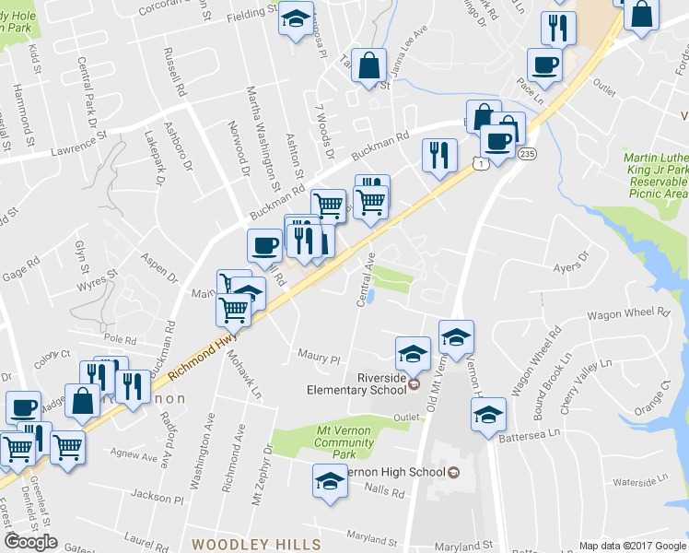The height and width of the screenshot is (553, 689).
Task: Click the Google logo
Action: click(x=30, y=542)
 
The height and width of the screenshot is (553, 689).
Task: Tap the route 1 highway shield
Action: click(x=479, y=163)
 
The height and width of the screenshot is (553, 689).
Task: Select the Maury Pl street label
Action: click(x=319, y=355)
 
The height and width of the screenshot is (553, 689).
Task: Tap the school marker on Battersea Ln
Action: click(x=490, y=416)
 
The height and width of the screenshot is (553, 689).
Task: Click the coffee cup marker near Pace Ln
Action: click(x=543, y=65)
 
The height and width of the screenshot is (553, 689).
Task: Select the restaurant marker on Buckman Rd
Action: click(x=439, y=154)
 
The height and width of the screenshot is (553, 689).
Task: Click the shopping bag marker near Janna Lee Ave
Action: click(x=368, y=66)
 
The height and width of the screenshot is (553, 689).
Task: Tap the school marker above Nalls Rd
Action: click(x=329, y=481)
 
